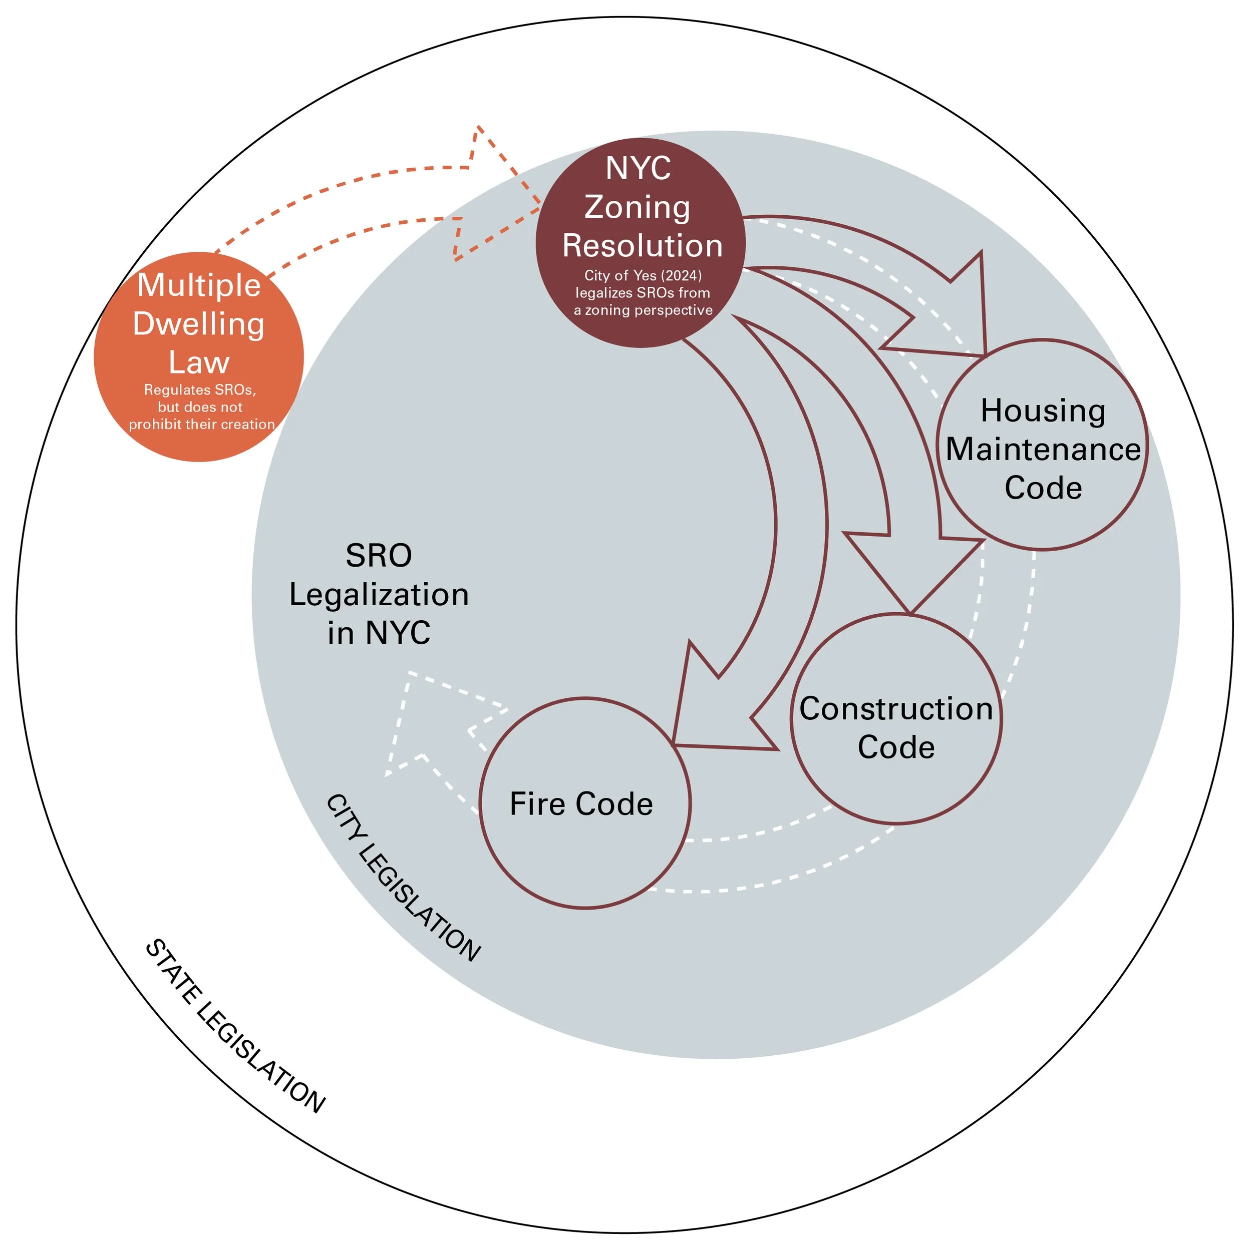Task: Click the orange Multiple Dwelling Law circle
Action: (198, 356)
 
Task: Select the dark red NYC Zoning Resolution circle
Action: (640, 242)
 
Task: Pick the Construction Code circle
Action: (895, 719)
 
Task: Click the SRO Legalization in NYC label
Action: (379, 594)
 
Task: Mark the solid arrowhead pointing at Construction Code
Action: (910, 570)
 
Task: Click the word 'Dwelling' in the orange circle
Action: (198, 323)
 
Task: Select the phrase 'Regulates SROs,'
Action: (200, 389)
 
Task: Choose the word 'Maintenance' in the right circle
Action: (1043, 449)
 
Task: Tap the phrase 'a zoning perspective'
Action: (643, 310)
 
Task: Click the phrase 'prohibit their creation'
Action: (201, 425)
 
